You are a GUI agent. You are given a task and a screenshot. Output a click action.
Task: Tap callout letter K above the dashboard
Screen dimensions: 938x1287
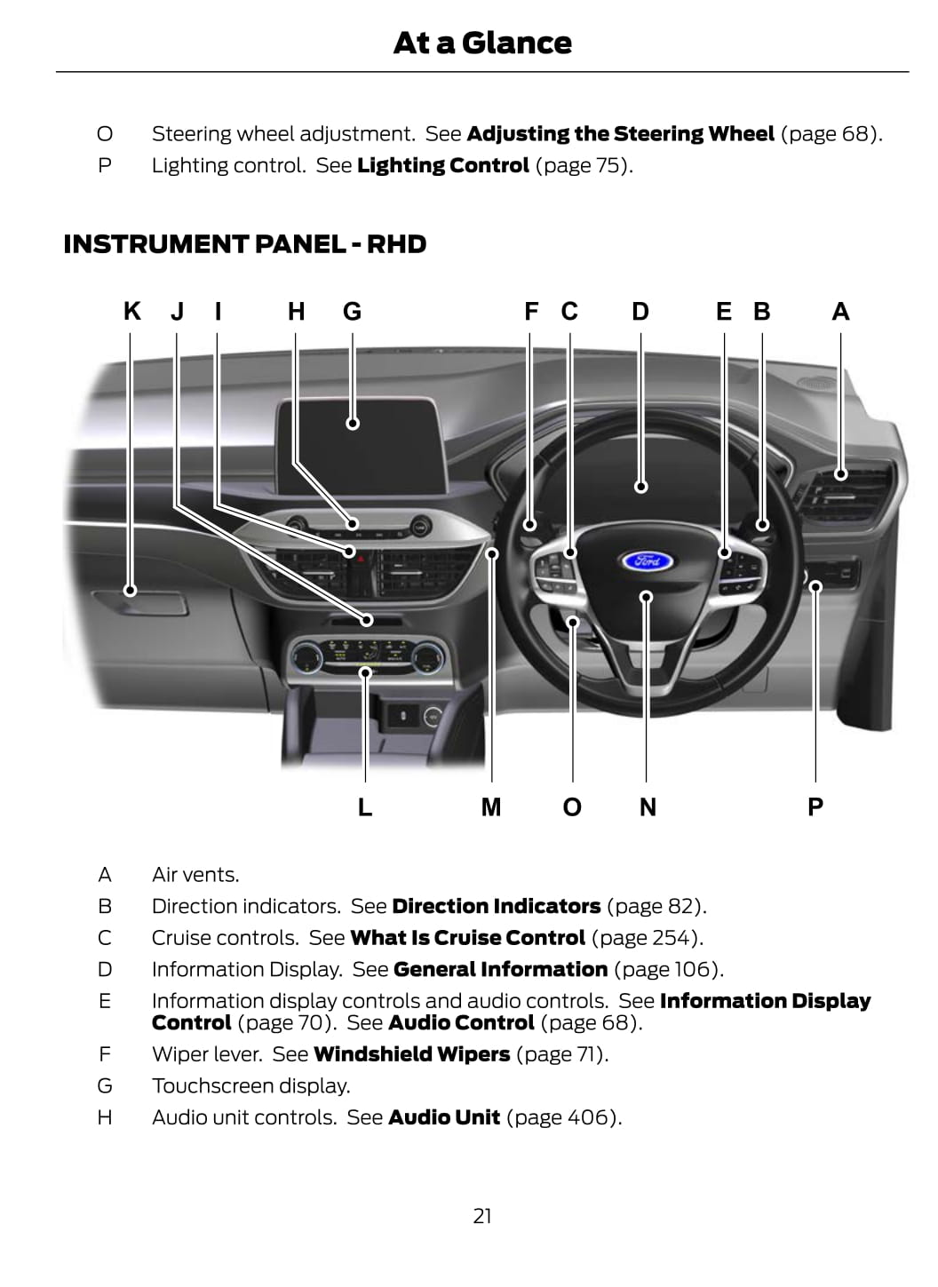132,312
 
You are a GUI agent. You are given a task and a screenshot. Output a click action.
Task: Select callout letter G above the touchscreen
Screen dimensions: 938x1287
353,312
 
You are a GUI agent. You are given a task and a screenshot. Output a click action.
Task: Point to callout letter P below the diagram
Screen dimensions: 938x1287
815,807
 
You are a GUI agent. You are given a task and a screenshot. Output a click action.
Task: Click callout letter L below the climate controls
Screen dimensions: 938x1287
365,807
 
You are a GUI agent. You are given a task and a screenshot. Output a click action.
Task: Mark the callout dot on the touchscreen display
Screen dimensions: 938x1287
353,424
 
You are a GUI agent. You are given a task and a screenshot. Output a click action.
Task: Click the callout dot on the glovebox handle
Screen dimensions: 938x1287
131,590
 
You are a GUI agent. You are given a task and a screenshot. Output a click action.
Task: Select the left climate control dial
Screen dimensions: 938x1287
306,657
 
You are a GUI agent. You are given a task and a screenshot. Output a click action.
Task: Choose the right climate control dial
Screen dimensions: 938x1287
428,657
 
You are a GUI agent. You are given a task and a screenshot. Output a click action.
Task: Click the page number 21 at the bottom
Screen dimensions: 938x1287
482,1216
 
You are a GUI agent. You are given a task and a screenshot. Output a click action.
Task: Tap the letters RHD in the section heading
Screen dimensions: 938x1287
396,244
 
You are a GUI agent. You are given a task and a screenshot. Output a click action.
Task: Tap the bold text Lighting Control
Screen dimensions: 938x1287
443,165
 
